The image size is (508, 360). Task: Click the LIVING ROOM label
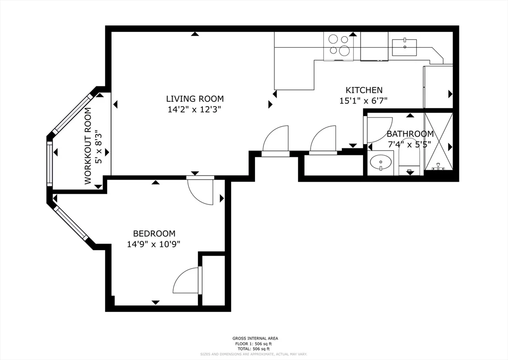(x=194, y=99)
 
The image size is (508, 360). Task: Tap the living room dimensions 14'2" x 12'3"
(x=194, y=110)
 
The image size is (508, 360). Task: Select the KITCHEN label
(x=364, y=90)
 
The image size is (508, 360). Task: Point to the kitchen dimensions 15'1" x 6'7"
(x=364, y=101)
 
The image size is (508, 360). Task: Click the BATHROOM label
(x=410, y=134)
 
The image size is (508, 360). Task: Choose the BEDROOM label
(x=154, y=233)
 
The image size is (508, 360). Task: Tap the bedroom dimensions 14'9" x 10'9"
(x=154, y=244)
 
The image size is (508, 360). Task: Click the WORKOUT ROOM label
(x=88, y=146)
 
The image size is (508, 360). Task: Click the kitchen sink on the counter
(x=404, y=48)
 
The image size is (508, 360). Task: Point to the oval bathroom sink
(x=381, y=162)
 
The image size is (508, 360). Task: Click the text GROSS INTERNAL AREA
(x=254, y=339)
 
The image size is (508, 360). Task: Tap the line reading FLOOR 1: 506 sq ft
(x=254, y=344)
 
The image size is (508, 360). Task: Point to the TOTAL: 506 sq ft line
(x=254, y=349)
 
